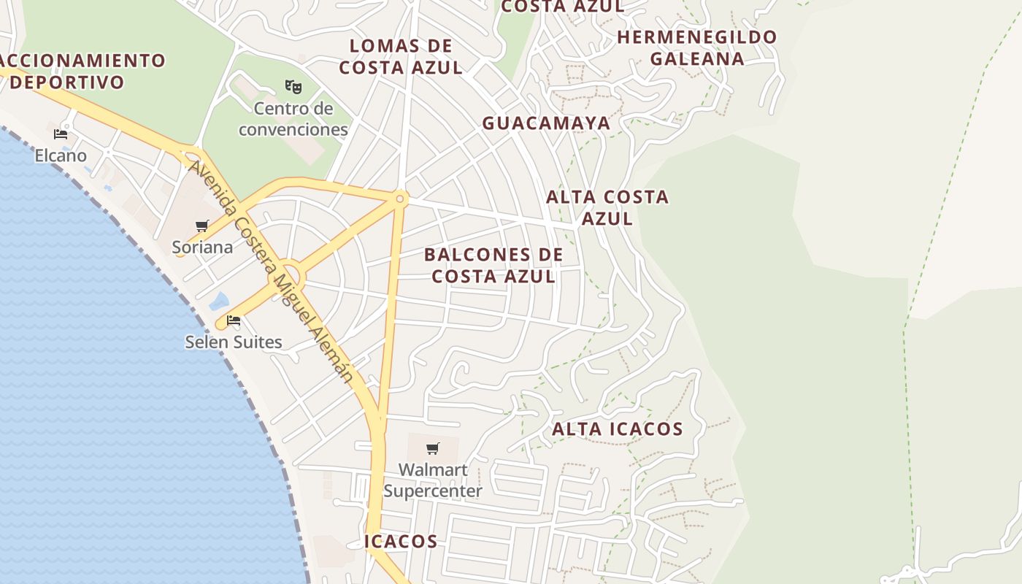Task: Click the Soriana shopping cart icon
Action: pos(202,226)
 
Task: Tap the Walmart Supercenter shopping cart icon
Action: pos(433,448)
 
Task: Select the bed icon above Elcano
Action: pos(61,134)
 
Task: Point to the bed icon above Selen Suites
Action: pos(234,320)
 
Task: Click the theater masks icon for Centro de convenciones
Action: pos(293,87)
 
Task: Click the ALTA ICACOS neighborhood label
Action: pos(617,429)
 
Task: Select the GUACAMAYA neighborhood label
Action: pos(546,123)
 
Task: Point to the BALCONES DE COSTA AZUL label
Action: pos(493,266)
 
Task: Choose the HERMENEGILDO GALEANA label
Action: pos(697,48)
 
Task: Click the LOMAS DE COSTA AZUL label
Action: pos(401,57)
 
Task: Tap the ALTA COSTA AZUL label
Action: pos(607,207)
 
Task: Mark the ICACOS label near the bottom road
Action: pos(401,542)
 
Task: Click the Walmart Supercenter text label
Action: pos(433,480)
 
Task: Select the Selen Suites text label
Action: pos(234,342)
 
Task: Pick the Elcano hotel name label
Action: pos(61,155)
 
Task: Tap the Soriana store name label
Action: pos(202,247)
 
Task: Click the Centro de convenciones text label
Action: pos(293,120)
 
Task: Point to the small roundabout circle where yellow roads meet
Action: pos(400,199)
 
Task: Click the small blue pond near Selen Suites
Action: pos(218,301)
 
